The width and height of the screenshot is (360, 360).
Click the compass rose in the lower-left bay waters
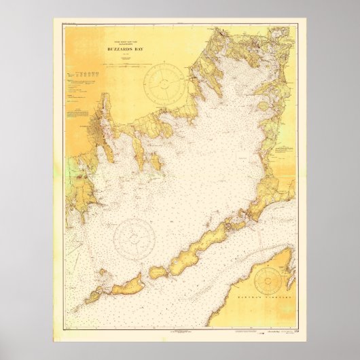pos(133,237)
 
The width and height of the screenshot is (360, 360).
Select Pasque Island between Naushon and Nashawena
pos(158,270)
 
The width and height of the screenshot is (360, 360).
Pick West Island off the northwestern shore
pos(155,162)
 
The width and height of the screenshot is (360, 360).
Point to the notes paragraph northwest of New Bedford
pos(77,113)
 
